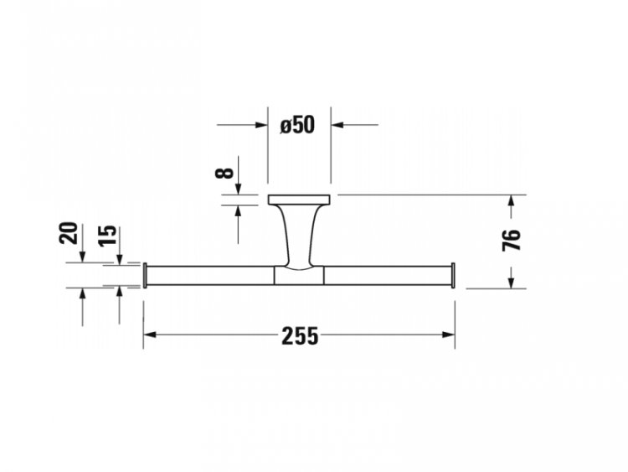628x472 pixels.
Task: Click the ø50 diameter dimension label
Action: tap(297, 125)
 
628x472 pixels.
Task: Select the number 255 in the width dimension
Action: tap(300, 335)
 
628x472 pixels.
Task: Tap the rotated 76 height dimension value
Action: tap(512, 240)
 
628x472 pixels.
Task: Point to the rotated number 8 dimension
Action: tap(224, 173)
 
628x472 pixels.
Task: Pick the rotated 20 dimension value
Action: tap(69, 233)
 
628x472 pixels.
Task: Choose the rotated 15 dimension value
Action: tap(107, 236)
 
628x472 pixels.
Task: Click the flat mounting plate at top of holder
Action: tap(299, 200)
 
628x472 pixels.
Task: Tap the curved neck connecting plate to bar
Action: tap(299, 236)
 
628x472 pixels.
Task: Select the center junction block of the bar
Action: tap(299, 276)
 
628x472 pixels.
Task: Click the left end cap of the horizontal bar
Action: tap(145, 275)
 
